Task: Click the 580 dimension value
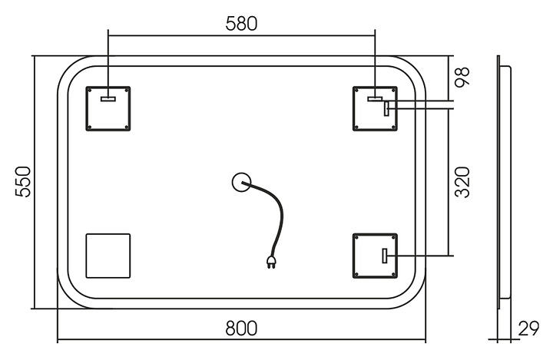(241, 23)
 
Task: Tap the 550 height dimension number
(24, 182)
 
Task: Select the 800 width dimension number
(241, 328)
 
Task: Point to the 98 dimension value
(462, 77)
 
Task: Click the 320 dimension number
(462, 182)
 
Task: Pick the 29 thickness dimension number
(529, 329)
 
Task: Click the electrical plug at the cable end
(271, 263)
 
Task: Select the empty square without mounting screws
(108, 256)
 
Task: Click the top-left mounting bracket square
(108, 108)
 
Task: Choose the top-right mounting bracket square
(375, 108)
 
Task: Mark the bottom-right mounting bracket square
(375, 256)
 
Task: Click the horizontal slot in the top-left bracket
(108, 98)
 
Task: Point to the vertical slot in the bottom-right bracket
(386, 256)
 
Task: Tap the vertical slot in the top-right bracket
(387, 108)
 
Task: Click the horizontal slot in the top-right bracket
(375, 98)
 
